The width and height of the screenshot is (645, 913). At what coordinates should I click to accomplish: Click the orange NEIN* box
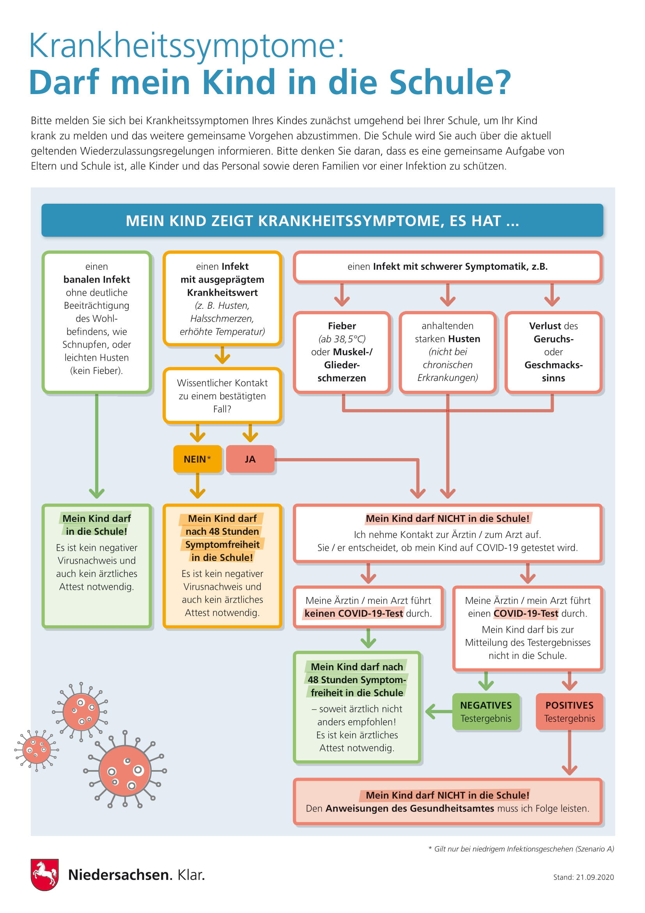(x=197, y=459)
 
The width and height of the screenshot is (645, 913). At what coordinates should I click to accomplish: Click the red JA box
(x=250, y=459)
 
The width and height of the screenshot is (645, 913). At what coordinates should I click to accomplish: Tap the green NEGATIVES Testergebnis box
(x=486, y=712)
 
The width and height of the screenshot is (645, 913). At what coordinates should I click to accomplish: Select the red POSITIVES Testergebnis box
(x=569, y=712)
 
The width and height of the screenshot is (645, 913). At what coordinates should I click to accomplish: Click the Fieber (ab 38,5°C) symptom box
(x=342, y=352)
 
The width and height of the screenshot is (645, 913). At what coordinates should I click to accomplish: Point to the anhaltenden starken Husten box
(x=448, y=352)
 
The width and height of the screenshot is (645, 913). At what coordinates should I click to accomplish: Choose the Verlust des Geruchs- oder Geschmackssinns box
(x=553, y=352)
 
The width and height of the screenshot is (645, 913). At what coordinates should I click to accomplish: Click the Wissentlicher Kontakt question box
(x=222, y=396)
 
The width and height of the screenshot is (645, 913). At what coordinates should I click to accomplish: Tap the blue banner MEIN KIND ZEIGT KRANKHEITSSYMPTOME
(x=322, y=220)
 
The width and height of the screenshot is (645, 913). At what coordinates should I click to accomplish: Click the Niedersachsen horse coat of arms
(x=45, y=874)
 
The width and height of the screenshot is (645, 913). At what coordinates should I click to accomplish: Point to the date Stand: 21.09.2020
(x=583, y=877)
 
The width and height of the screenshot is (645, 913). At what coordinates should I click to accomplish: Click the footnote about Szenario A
(x=521, y=849)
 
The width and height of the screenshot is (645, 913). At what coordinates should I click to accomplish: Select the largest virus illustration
(x=125, y=770)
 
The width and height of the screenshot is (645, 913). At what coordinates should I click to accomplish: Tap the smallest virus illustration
(x=37, y=750)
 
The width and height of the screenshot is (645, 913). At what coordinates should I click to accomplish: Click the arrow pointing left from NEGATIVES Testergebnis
(x=439, y=712)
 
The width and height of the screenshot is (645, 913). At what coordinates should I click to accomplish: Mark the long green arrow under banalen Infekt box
(x=96, y=446)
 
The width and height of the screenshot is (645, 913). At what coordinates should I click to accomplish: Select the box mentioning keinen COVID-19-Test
(x=368, y=607)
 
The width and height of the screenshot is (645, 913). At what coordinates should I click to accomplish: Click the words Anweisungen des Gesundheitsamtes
(x=410, y=808)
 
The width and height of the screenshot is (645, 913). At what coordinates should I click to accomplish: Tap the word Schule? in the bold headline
(x=450, y=82)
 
